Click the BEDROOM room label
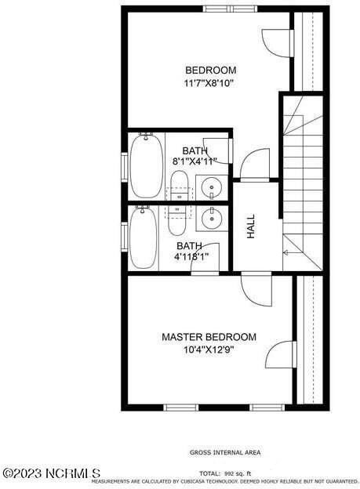coord(209,69)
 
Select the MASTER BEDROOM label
coord(209,337)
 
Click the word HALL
coord(252,227)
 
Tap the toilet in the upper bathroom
coord(179,186)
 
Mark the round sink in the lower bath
coord(210,217)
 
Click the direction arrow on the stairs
coord(285,252)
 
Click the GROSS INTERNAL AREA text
coord(225,452)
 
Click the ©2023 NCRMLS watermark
coord(52,473)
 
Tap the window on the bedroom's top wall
coord(220,9)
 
